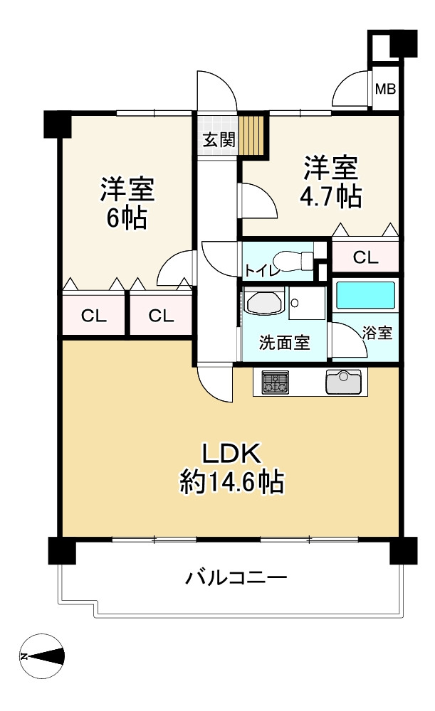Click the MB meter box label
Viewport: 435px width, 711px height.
[385, 90]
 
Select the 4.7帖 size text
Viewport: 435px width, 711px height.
[330, 198]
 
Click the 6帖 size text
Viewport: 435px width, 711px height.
[127, 219]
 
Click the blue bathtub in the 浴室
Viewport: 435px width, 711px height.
[365, 295]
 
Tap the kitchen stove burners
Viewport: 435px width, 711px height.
[274, 382]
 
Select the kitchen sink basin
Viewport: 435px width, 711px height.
[343, 381]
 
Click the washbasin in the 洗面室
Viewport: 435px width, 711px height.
[264, 301]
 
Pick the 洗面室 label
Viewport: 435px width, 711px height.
[284, 343]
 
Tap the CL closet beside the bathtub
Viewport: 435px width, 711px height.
[365, 257]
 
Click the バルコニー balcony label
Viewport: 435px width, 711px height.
[236, 577]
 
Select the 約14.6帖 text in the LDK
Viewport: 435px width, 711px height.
[232, 482]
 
